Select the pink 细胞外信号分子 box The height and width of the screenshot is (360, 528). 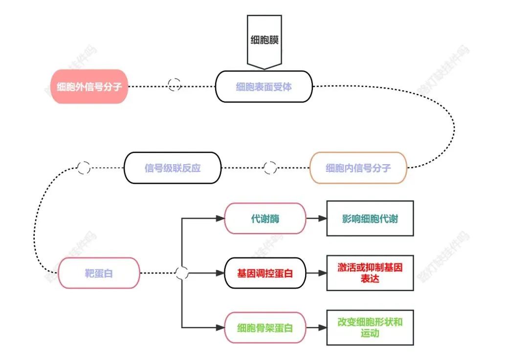click(x=89, y=86)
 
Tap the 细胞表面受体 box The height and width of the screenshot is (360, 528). click(x=264, y=86)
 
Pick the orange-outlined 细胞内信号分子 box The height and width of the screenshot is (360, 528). click(x=358, y=168)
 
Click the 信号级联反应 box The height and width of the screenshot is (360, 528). click(x=173, y=168)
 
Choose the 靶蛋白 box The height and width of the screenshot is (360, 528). click(x=99, y=273)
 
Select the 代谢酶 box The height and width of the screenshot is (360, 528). click(x=265, y=218)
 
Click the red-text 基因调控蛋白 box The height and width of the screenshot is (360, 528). click(x=265, y=273)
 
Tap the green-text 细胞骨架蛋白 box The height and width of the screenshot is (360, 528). click(x=265, y=327)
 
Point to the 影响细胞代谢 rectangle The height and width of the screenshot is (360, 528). click(x=370, y=218)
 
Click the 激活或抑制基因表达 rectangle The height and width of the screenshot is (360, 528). click(x=370, y=273)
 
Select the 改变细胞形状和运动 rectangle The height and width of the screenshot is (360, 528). click(x=370, y=327)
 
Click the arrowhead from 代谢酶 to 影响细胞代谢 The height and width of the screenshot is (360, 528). click(x=322, y=218)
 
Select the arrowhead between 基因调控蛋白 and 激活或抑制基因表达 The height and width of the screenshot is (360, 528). click(x=322, y=273)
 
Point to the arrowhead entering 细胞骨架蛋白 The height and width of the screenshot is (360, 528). click(x=220, y=327)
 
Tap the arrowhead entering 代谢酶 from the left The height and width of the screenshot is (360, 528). click(x=220, y=218)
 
